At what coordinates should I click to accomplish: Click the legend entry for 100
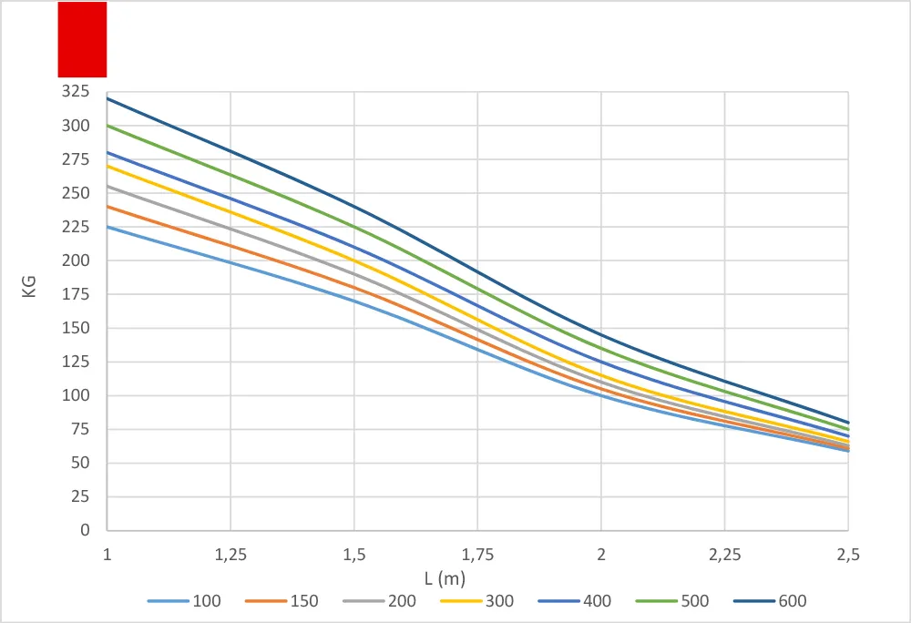click(x=184, y=601)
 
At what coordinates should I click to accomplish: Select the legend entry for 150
click(x=281, y=601)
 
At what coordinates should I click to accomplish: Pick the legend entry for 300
click(x=477, y=601)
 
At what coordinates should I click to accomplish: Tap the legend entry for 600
click(x=770, y=601)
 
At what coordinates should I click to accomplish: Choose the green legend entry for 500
click(x=672, y=601)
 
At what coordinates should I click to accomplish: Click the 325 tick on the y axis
click(x=76, y=91)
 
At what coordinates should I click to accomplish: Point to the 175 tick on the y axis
click(x=76, y=294)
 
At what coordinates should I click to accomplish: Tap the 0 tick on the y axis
click(x=85, y=529)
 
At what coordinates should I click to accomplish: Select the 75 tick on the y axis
click(x=80, y=428)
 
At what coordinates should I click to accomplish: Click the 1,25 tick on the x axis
click(x=230, y=555)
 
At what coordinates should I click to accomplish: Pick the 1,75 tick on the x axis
click(x=477, y=555)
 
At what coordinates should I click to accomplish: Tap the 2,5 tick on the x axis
click(x=848, y=555)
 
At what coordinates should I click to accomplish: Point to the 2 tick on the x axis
click(x=601, y=555)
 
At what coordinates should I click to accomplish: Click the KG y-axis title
click(x=29, y=287)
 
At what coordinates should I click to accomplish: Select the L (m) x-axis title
click(x=445, y=579)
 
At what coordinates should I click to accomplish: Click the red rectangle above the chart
click(x=83, y=39)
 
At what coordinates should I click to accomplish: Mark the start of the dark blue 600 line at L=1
click(x=107, y=98)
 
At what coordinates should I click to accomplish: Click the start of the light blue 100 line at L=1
click(x=107, y=227)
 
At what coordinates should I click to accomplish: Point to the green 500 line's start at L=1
click(x=107, y=126)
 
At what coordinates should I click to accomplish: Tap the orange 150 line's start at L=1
click(x=107, y=206)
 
